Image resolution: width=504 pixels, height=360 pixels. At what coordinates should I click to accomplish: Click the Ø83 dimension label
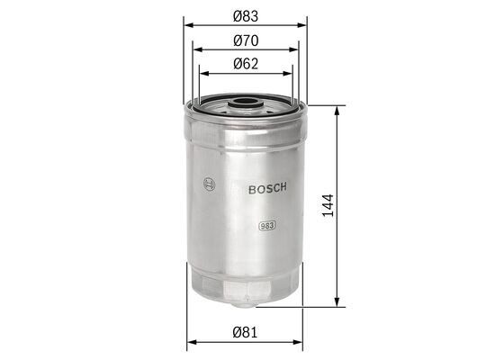click(x=247, y=15)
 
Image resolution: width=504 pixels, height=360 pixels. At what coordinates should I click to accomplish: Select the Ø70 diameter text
click(x=247, y=40)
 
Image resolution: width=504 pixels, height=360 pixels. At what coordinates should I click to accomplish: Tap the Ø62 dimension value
click(x=247, y=64)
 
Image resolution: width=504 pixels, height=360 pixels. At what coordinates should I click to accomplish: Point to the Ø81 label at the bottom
click(x=247, y=333)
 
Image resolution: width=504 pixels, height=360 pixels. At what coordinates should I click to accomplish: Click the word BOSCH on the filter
click(x=267, y=187)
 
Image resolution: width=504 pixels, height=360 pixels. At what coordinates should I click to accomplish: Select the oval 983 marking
click(x=266, y=226)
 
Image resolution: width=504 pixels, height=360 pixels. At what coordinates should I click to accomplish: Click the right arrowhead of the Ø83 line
click(x=303, y=25)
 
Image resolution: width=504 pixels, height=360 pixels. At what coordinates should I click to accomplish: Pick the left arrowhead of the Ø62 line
click(x=202, y=74)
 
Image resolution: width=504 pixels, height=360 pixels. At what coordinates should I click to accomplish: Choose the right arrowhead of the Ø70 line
click(x=295, y=49)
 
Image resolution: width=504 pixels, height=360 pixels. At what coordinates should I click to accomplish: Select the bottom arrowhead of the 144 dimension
click(x=337, y=304)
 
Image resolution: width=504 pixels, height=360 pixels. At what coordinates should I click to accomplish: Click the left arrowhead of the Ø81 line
click(x=190, y=343)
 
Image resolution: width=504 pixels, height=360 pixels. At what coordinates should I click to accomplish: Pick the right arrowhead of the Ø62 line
click(x=290, y=74)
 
